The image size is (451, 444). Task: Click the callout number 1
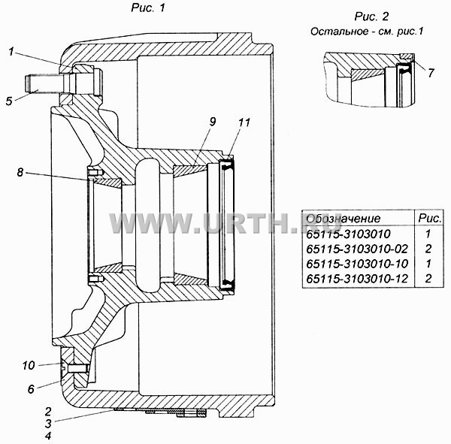pos(11,52)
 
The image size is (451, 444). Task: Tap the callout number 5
pos(9,101)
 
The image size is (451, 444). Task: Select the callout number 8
pos(20,173)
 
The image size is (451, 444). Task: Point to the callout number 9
pos(213,122)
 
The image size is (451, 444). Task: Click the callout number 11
pos(244,122)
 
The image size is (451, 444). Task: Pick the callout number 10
pos(29,366)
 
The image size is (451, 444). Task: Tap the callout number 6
pos(31,389)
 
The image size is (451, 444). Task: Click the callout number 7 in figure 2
pos(431,73)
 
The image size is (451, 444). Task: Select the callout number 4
pos(48,436)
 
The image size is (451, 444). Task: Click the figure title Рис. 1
pos(148,8)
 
